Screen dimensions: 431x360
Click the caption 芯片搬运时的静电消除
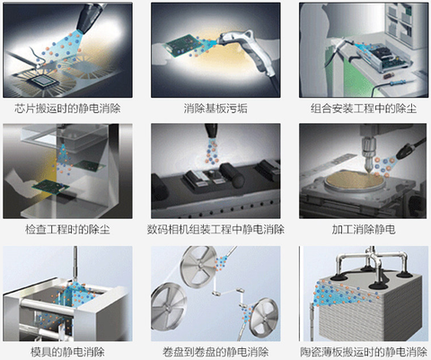click(67, 109)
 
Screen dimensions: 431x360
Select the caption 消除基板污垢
click(215, 109)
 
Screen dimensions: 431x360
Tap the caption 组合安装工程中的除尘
click(364, 109)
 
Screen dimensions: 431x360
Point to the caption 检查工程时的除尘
click(67, 230)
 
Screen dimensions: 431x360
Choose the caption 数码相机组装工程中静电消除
click(215, 230)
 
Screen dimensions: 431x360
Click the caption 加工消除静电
click(364, 230)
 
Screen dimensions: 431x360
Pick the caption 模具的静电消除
click(67, 352)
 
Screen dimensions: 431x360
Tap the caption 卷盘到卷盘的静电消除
click(215, 352)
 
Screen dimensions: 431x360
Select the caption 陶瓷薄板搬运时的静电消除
click(364, 352)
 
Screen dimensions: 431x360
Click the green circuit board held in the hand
click(50, 186)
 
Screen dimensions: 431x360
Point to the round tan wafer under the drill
click(355, 181)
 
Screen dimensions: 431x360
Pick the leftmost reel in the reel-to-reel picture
click(167, 306)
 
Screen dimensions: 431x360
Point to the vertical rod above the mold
click(75, 264)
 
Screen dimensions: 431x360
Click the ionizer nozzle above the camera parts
click(211, 131)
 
